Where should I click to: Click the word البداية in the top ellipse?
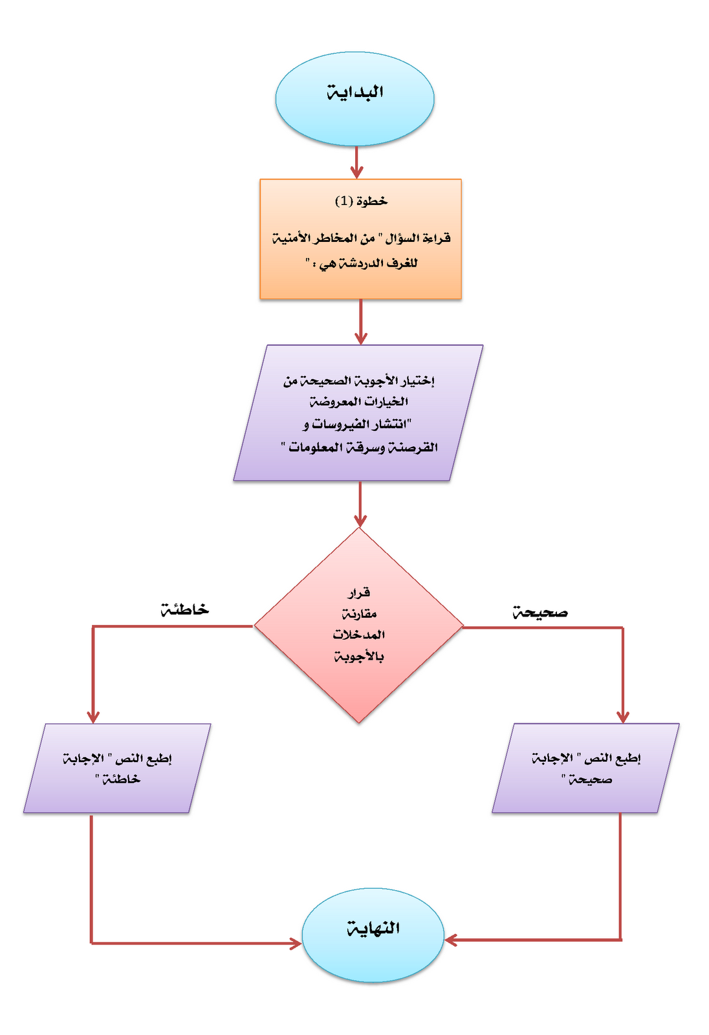(355, 93)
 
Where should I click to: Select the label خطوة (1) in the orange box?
(361, 201)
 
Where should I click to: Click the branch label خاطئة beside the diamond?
(185, 609)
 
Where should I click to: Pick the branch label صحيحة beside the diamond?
(540, 612)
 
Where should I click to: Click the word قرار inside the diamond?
(359, 592)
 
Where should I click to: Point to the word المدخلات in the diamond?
(359, 635)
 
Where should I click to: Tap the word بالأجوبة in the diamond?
(359, 657)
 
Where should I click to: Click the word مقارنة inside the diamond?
(359, 613)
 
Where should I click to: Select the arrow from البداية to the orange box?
(356, 162)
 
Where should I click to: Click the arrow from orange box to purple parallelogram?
(360, 322)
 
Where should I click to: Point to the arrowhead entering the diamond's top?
(360, 520)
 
